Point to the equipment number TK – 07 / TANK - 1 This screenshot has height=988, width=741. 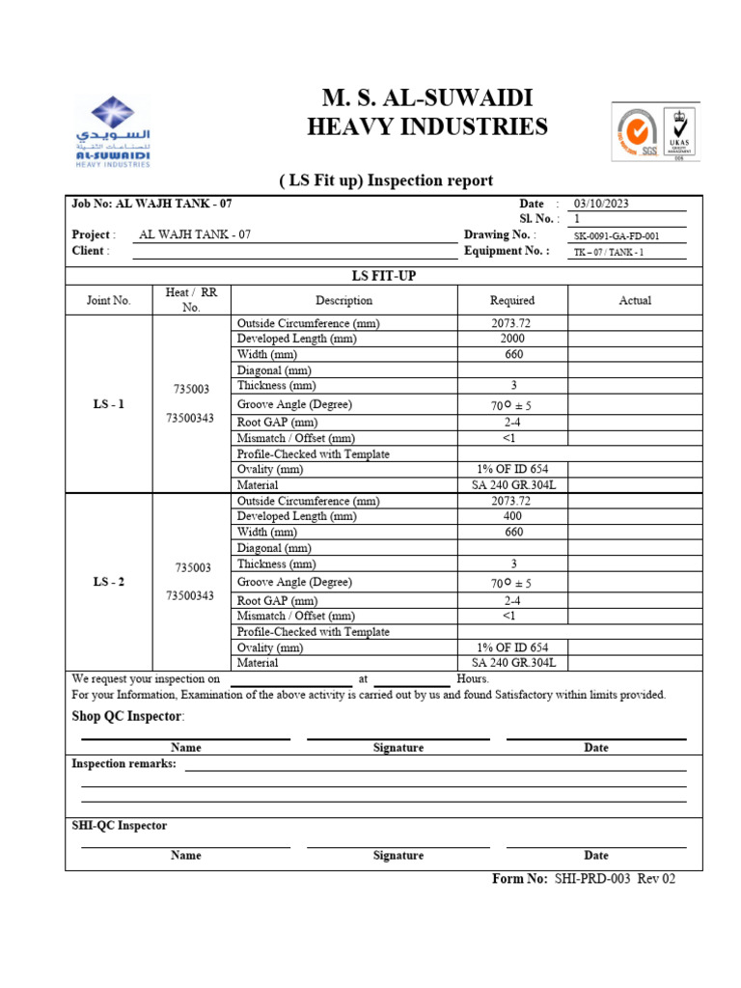[x=608, y=252]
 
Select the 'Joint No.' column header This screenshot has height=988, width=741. [x=108, y=300]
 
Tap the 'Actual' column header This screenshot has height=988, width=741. [x=634, y=300]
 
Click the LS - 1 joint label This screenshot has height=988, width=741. [x=108, y=404]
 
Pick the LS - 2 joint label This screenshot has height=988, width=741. [x=108, y=582]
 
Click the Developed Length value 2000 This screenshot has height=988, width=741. [x=512, y=339]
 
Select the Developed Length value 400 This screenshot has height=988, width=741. [x=512, y=516]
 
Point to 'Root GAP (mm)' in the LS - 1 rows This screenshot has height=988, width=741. [x=277, y=423]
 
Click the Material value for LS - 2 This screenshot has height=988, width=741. [x=512, y=663]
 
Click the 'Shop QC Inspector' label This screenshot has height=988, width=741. [x=127, y=716]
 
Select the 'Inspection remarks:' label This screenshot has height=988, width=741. [x=124, y=764]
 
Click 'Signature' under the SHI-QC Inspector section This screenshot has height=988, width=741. [x=398, y=855]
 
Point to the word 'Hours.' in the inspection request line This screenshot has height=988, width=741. [x=473, y=678]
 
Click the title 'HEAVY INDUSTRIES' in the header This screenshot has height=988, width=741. [x=426, y=126]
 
